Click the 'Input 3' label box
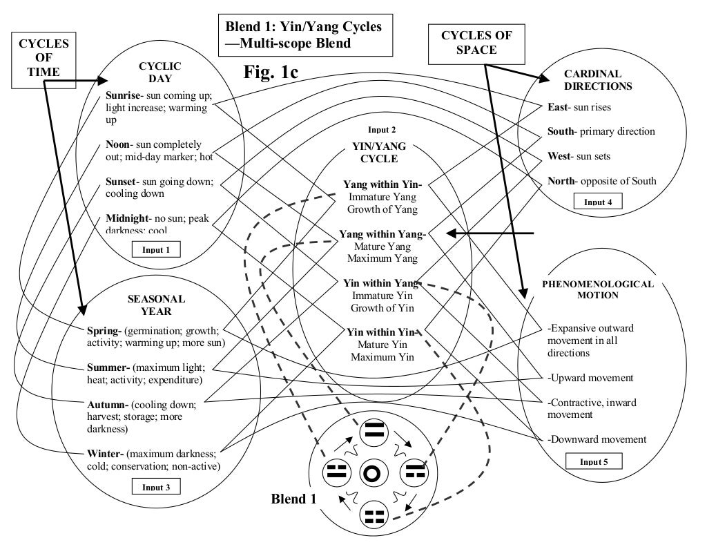click(156, 487)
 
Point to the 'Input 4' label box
click(599, 202)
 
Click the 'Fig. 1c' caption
click(271, 72)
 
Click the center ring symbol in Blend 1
click(371, 473)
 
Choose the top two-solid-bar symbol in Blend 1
click(374, 434)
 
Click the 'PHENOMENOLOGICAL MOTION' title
click(597, 289)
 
